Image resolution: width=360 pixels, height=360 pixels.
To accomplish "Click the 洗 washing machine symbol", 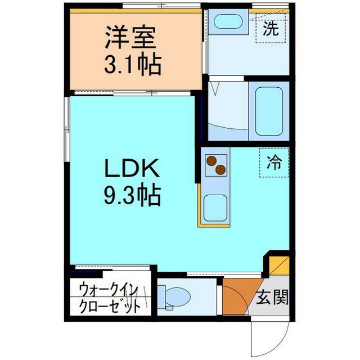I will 271,30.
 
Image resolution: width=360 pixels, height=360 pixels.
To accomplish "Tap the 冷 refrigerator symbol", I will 274,163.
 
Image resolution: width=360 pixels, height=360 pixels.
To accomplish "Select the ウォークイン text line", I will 108,291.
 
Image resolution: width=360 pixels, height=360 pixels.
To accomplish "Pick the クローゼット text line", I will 109,307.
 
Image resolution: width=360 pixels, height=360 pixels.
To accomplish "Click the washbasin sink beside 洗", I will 228,22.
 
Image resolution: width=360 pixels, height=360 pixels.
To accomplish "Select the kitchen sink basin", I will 214,208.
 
